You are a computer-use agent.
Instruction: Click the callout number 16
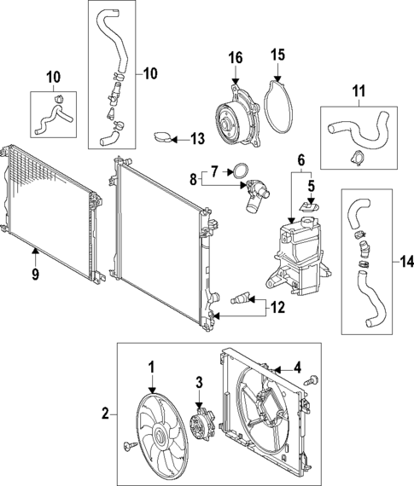(x=236, y=57)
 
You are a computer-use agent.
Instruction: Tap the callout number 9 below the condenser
(x=34, y=275)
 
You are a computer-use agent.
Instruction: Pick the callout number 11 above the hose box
(x=358, y=90)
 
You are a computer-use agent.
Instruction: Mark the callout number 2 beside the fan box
(x=106, y=414)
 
